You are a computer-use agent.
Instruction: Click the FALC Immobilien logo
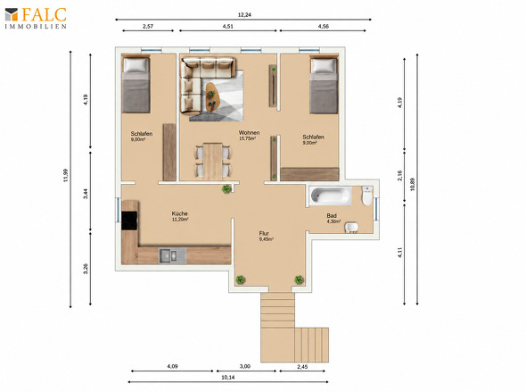click(x=36, y=18)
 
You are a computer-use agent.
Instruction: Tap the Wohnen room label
click(x=249, y=133)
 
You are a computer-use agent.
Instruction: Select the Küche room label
click(x=179, y=213)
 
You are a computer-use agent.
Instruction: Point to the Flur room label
click(x=264, y=233)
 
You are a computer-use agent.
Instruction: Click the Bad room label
click(x=332, y=216)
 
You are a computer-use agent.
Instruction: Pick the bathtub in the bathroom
click(x=330, y=196)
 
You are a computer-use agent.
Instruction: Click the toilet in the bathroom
click(x=367, y=196)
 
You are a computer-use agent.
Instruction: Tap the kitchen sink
click(x=172, y=256)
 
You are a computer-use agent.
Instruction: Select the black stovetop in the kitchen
click(x=129, y=221)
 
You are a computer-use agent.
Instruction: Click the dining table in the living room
click(x=213, y=162)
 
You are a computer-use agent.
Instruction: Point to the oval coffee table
click(x=211, y=97)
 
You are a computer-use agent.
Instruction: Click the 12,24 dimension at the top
click(x=244, y=15)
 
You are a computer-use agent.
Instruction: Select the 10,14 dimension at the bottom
click(x=228, y=378)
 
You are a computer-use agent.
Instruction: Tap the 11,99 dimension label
click(x=66, y=175)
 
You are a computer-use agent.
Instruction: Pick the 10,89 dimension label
click(x=412, y=184)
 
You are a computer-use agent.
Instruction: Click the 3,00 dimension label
click(x=245, y=366)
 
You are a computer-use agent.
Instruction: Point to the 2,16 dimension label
click(x=399, y=175)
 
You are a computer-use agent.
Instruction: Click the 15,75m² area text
click(x=247, y=138)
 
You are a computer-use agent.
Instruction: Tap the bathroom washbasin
click(x=351, y=227)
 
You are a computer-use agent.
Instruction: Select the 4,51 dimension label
click(x=227, y=26)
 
